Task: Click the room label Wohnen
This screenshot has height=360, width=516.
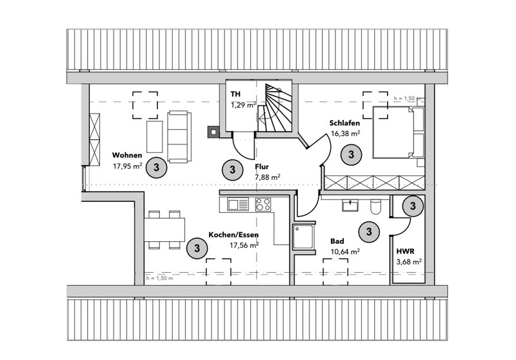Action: [126, 155]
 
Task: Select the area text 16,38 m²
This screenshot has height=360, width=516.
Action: [345, 134]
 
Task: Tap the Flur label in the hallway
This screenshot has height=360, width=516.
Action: [262, 166]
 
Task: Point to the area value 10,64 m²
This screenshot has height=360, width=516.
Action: [345, 252]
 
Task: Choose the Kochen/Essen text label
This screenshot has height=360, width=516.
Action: [233, 235]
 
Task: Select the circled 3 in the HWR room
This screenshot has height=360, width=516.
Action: [412, 206]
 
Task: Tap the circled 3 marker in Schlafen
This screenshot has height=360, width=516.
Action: [352, 154]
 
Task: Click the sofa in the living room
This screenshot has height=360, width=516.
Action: [179, 136]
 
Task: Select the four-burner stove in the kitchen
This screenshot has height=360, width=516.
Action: [263, 205]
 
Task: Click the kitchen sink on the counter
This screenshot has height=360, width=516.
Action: [237, 205]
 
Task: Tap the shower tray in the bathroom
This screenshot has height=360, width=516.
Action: [303, 237]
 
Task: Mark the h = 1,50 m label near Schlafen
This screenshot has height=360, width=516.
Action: [408, 99]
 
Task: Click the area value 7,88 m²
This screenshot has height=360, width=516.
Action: [267, 177]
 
